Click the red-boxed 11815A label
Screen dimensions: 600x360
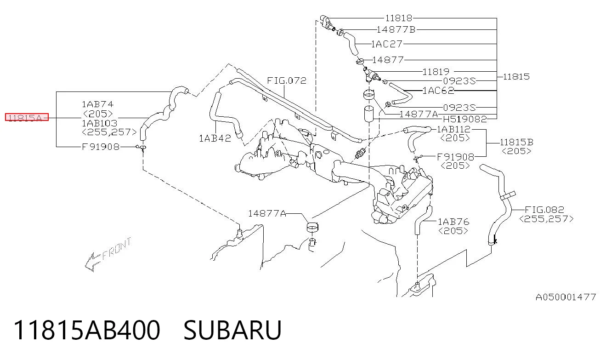tap(27, 117)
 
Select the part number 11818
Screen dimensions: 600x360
tap(399, 18)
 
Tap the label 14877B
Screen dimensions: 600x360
tap(396, 29)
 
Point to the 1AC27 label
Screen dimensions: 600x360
tap(387, 44)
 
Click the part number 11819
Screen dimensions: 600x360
tap(436, 72)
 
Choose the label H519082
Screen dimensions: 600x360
tap(465, 119)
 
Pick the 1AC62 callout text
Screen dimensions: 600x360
tap(438, 91)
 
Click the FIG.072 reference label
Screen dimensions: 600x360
tap(287, 80)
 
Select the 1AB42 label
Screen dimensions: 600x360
tap(215, 138)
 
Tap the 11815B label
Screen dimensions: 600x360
tap(516, 142)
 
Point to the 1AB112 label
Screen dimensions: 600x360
tap(454, 130)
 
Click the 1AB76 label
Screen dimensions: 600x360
tap(453, 222)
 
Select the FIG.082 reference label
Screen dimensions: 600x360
tap(544, 209)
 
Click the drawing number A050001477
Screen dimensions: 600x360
tap(566, 297)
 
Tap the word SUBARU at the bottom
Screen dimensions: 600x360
tap(232, 330)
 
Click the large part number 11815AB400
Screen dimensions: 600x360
tap(87, 330)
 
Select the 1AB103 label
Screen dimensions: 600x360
tap(99, 123)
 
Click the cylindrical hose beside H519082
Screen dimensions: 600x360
tap(369, 114)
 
